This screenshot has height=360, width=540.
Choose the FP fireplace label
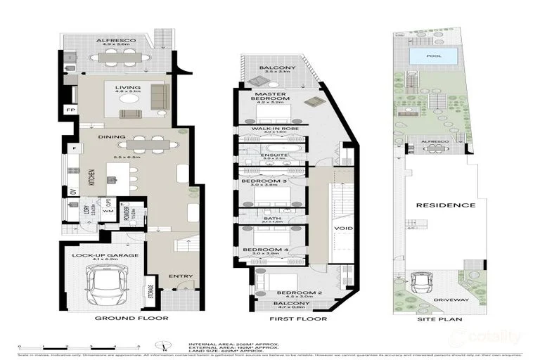pyautogui.click(x=70, y=110)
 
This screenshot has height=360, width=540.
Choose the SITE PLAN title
pyautogui.click(x=437, y=319)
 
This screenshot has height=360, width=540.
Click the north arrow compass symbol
pyautogui.click(x=163, y=345)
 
